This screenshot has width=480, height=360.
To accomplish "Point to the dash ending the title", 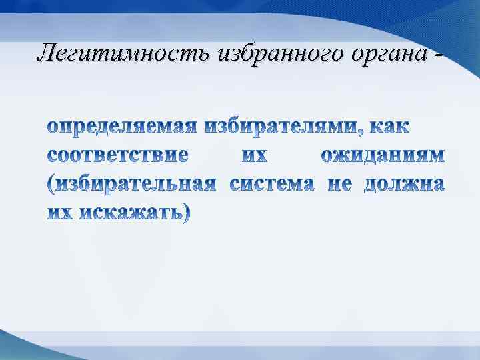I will click(438, 53).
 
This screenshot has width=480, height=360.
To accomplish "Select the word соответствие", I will click(118, 155).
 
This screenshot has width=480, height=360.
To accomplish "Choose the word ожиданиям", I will click(382, 155).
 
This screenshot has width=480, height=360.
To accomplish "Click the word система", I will click(272, 184).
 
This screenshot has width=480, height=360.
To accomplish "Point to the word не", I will click(339, 184).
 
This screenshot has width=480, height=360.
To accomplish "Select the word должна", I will click(404, 184).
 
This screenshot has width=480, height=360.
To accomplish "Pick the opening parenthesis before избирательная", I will click(51, 185).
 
